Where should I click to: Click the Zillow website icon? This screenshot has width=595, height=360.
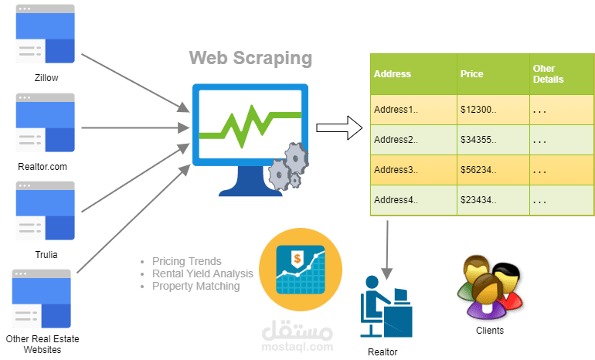[x=46, y=34]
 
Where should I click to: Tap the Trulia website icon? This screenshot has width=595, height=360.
[x=46, y=210]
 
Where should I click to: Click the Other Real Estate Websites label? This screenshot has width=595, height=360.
[x=42, y=345]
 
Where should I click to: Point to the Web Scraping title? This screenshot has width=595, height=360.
[x=251, y=58]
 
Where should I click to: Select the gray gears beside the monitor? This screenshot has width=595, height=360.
[x=287, y=166]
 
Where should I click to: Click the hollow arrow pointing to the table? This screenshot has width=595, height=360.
[x=341, y=127]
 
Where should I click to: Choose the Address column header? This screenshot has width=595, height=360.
[x=393, y=74]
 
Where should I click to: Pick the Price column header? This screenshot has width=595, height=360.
[x=472, y=74]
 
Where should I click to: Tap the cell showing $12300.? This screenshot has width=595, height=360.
[x=478, y=110]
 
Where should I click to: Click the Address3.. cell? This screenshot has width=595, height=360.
[x=396, y=170]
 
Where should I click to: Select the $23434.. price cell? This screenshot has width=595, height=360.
[x=478, y=200]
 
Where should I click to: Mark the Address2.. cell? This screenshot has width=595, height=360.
[x=396, y=140]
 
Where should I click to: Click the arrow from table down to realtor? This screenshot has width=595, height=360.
[x=386, y=247]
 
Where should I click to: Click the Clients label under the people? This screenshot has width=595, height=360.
[x=489, y=331]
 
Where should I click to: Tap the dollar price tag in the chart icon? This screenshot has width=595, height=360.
[x=296, y=257]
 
